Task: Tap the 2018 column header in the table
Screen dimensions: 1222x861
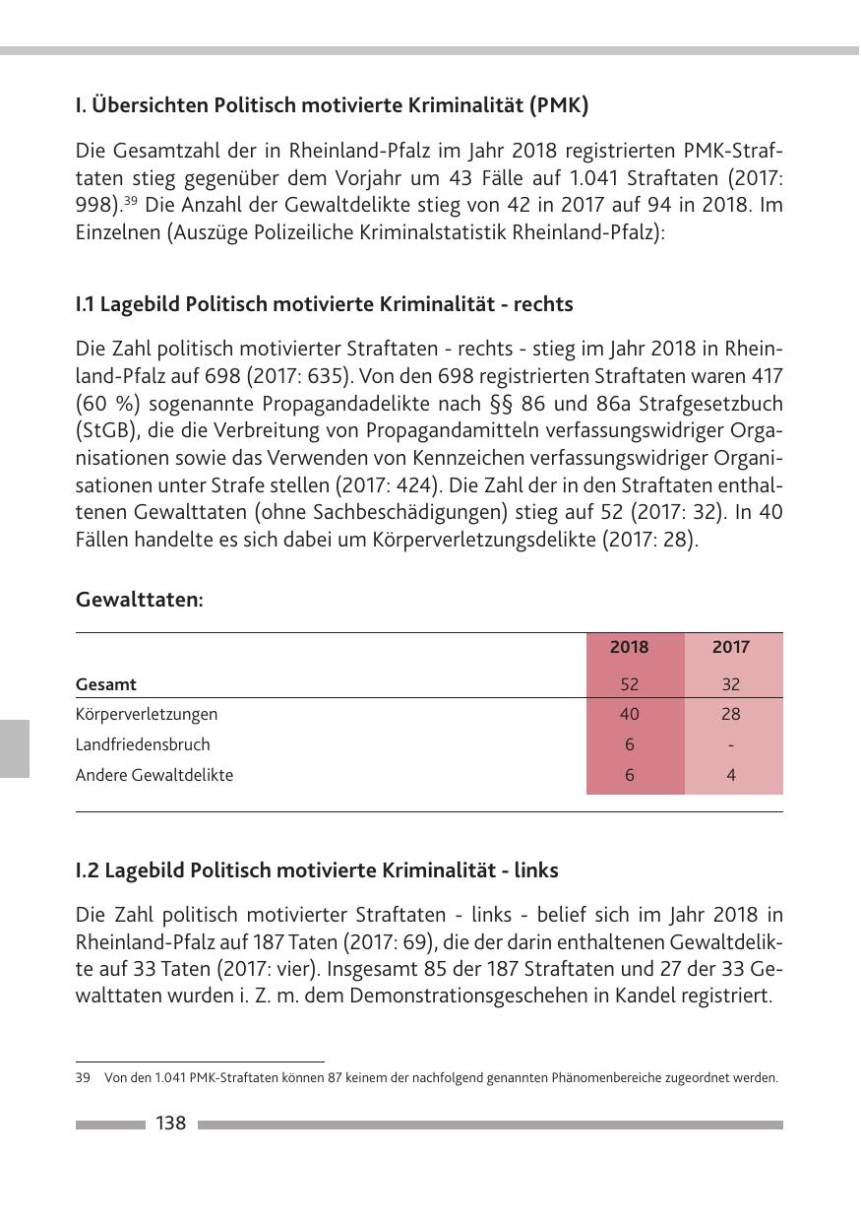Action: [630, 647]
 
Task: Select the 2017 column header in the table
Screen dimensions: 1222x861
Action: [730, 647]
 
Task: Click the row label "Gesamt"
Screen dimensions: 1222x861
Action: [106, 684]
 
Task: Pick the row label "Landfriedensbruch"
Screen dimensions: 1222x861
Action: [143, 744]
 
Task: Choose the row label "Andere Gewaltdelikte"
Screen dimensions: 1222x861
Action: [154, 775]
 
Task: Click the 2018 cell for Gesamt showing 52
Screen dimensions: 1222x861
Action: [630, 684]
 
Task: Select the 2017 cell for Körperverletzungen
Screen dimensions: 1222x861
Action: [730, 714]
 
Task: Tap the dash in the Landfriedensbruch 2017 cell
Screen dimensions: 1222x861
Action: [731, 745]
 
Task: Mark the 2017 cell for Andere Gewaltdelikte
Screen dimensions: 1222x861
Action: [731, 775]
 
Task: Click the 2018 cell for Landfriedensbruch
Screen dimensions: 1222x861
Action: [630, 744]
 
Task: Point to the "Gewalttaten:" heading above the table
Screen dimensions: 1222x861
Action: [140, 599]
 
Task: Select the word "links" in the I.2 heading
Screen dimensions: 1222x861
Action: [532, 870]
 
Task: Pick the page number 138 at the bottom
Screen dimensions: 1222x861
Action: [171, 1124]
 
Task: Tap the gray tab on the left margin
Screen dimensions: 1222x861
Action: [15, 748]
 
